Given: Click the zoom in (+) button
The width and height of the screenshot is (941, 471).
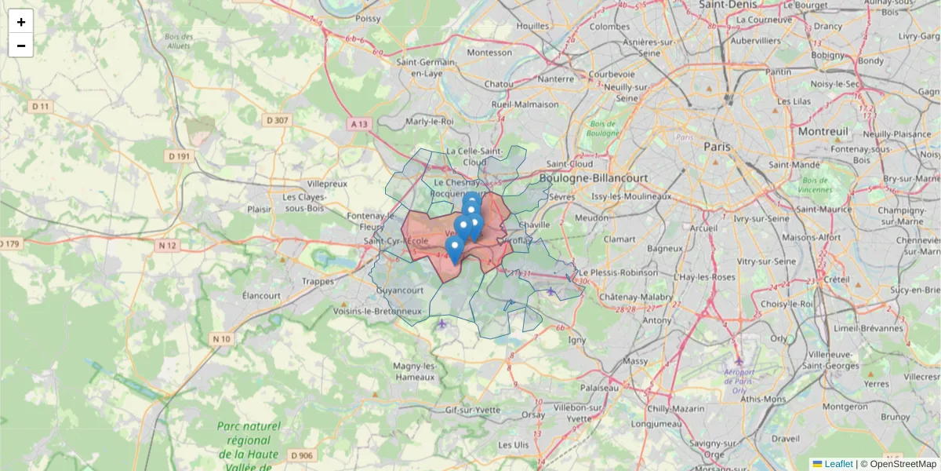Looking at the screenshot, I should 21,22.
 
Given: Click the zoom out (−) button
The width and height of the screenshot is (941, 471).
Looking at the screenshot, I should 21,46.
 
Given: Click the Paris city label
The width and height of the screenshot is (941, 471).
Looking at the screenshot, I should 717,146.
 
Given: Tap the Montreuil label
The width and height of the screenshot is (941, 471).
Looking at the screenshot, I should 823,132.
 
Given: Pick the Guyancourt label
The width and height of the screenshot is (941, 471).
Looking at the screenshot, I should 400,290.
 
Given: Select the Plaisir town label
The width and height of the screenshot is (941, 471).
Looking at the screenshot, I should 259,210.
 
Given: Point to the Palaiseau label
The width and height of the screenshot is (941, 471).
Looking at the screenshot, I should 600,388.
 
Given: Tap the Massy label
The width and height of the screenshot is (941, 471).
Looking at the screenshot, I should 634,361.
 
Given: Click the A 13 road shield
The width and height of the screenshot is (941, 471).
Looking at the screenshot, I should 359,123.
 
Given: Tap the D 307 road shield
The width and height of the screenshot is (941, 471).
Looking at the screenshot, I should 278,120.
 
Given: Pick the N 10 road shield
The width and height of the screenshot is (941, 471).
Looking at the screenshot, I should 222,339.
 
